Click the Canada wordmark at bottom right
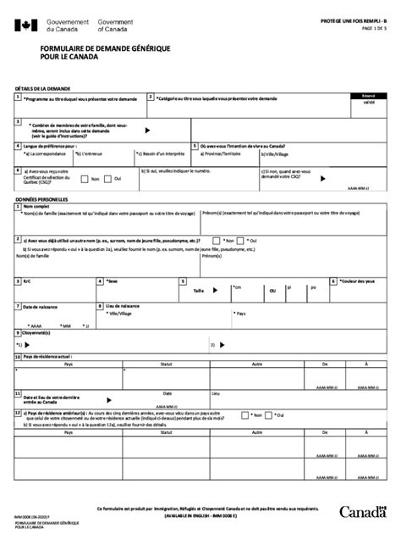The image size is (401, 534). (361, 510)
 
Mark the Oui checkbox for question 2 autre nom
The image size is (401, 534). (245, 241)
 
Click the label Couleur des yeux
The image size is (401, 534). (356, 281)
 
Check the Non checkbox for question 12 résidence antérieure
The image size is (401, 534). (245, 415)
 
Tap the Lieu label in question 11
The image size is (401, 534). (215, 393)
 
